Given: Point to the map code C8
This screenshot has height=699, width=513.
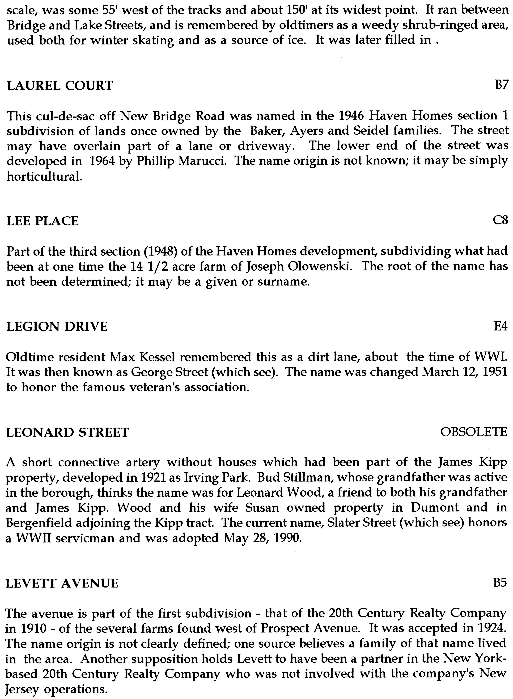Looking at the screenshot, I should pyautogui.click(x=500, y=221).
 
